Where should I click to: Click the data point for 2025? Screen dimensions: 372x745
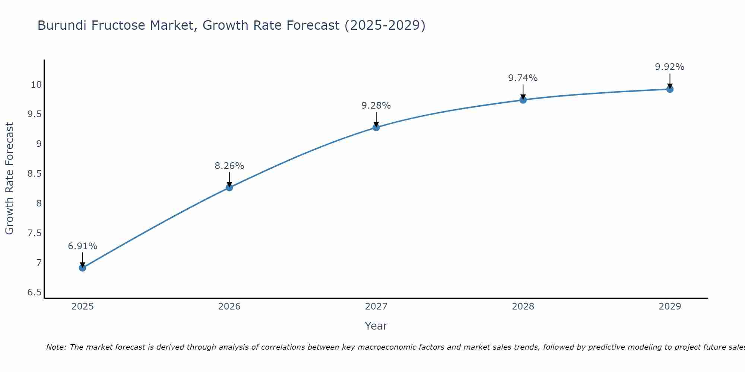click(82, 268)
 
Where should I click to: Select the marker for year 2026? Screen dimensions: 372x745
click(229, 187)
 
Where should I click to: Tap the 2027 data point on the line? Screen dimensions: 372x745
click(376, 128)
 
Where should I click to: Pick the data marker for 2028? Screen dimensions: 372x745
click(523, 100)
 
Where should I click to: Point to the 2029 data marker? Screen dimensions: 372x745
click(670, 89)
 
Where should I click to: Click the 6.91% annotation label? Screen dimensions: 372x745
click(82, 246)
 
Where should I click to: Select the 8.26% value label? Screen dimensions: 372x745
click(229, 166)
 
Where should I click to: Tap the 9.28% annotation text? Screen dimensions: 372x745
click(376, 106)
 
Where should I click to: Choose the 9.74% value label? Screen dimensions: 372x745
click(523, 78)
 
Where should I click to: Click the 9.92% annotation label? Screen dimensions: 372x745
click(669, 67)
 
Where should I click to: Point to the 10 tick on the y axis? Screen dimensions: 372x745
click(36, 85)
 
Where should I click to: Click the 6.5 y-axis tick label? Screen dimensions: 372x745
click(35, 292)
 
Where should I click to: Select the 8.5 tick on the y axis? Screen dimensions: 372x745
click(35, 174)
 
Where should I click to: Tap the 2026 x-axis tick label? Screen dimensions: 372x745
click(229, 307)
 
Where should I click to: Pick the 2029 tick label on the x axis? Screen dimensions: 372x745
click(670, 307)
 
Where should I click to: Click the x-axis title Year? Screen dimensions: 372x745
click(376, 326)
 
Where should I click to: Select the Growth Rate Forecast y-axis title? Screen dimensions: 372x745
click(9, 179)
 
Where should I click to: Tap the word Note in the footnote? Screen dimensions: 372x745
click(56, 347)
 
